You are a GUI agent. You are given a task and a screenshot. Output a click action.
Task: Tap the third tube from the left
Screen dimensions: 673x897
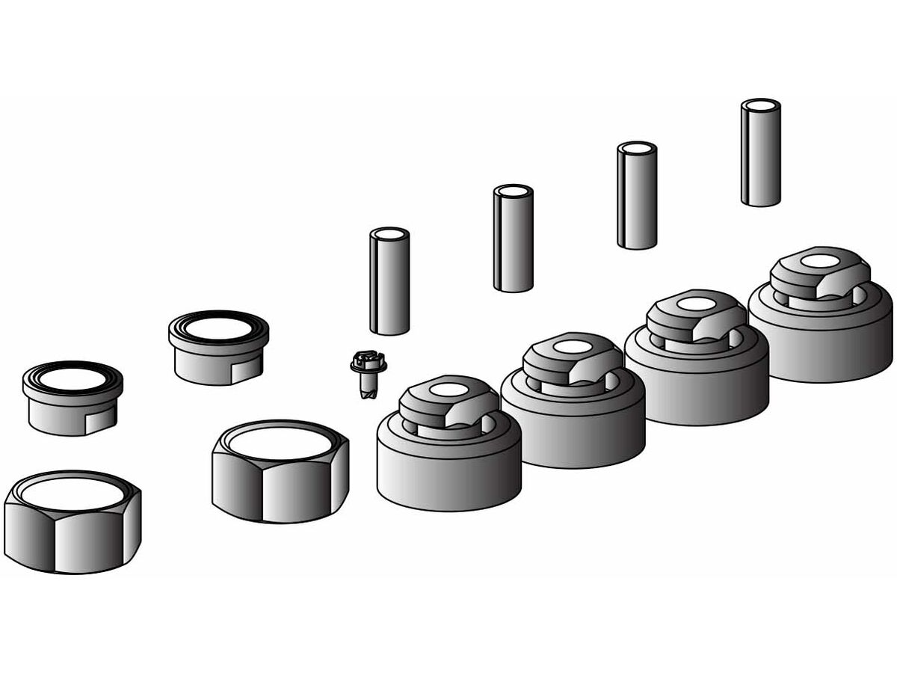tap(637, 198)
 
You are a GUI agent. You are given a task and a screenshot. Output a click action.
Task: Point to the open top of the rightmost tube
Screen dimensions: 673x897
tap(761, 105)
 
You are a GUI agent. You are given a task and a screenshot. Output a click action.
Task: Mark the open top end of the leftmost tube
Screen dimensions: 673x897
tap(389, 234)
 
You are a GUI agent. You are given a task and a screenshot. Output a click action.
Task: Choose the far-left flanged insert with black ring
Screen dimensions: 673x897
tap(73, 400)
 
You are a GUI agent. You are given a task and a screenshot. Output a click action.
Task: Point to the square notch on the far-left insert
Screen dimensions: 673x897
tap(100, 420)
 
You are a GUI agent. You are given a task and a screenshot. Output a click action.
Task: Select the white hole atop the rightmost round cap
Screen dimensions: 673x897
tap(820, 261)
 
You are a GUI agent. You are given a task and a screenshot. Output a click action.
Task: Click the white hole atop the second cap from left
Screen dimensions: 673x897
tap(573, 347)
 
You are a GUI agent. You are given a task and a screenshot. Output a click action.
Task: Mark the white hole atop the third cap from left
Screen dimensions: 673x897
tap(696, 304)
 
